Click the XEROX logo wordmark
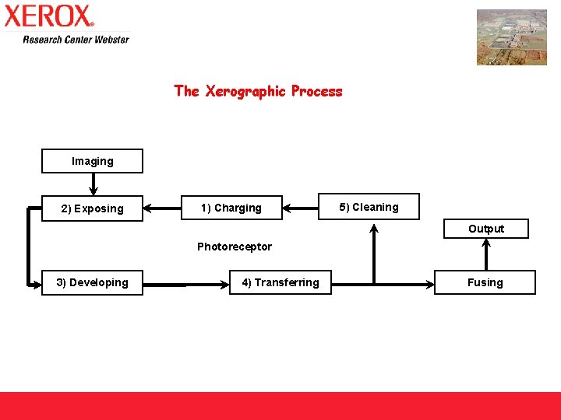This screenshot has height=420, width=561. (x=48, y=16)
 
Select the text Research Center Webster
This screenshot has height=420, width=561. (x=76, y=39)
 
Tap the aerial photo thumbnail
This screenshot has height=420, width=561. (x=511, y=37)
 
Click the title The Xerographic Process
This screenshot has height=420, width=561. (x=258, y=91)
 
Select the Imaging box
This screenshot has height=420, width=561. (x=92, y=161)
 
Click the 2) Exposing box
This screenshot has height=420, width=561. (x=92, y=208)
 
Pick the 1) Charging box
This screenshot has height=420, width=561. (x=231, y=208)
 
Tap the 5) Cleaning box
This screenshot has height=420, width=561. (x=369, y=207)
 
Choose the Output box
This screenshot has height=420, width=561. (x=485, y=229)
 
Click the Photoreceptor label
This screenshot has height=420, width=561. (x=234, y=247)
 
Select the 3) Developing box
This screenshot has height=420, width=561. (x=92, y=282)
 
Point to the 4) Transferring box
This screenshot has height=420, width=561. (x=280, y=282)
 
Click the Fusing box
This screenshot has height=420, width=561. (x=485, y=282)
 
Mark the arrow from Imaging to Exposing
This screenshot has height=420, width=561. (x=93, y=184)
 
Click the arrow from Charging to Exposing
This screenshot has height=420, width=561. (x=162, y=208)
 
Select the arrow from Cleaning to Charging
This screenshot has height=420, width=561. (x=301, y=208)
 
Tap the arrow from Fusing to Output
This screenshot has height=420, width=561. (x=485, y=254)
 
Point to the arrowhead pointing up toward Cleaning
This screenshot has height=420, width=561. (x=375, y=229)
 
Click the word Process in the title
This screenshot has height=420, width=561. (x=316, y=91)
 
